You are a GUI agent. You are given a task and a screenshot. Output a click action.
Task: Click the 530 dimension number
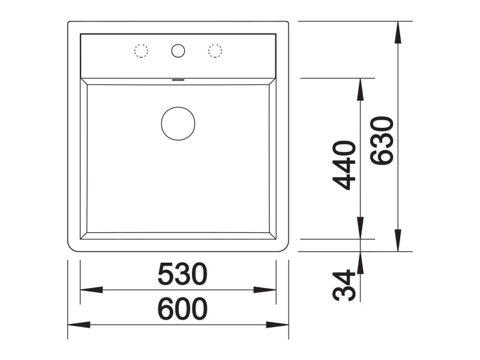pos(182,274)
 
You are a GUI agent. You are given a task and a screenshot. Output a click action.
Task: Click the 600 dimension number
pos(182,308)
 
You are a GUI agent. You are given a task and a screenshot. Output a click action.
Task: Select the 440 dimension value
pos(344,166)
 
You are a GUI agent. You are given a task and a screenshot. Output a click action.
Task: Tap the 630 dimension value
pos(382,140)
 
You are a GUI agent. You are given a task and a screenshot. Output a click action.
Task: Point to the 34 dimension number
pos(344,286)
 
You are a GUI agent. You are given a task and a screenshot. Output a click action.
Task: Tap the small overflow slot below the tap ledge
pos(178,80)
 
